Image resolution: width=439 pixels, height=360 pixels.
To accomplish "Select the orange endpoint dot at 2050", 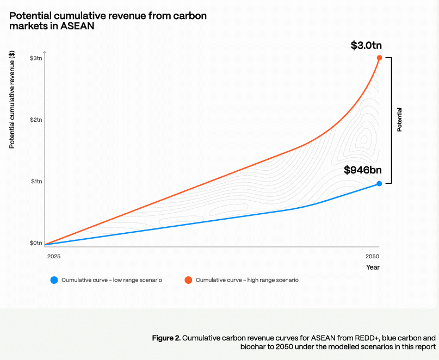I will [x=379, y=58].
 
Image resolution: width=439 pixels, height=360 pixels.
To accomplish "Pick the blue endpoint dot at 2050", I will [x=379, y=184].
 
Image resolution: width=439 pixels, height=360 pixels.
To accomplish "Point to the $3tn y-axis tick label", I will [x=36, y=58].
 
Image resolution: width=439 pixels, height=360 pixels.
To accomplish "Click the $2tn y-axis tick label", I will [x=36, y=120].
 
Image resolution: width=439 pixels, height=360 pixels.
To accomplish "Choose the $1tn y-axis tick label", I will [x=36, y=182].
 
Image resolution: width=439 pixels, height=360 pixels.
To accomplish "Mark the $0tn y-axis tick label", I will [x=36, y=243].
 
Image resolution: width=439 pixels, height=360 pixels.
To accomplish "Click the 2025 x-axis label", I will [x=54, y=256].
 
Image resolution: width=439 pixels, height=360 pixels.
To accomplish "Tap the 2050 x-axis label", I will [x=373, y=256].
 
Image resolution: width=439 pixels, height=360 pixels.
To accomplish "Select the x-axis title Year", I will [x=373, y=267].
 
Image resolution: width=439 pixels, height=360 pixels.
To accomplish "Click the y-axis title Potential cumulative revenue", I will [x=12, y=100].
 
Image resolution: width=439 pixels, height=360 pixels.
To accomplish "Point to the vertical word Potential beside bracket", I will [x=400, y=120].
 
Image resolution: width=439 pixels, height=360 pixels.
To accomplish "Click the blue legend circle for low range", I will [x=54, y=280].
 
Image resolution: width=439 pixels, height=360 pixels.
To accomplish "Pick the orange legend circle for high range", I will [x=188, y=280].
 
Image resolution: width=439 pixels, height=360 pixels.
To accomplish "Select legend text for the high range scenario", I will [x=247, y=280].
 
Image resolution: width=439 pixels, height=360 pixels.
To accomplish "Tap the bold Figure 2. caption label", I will [x=166, y=338].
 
